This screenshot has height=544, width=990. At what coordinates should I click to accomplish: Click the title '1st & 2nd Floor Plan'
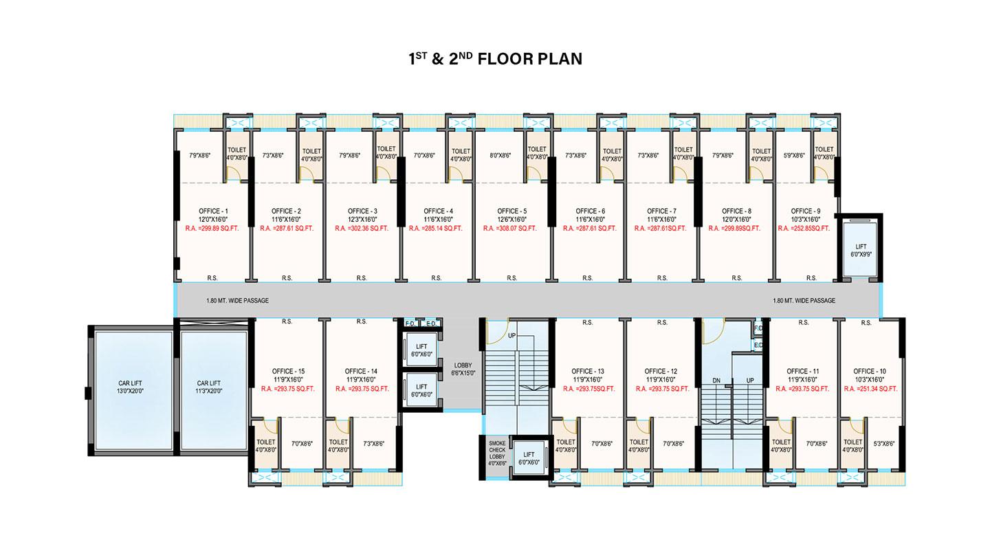tap(496, 59)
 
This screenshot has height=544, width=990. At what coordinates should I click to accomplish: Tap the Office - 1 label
tap(213, 211)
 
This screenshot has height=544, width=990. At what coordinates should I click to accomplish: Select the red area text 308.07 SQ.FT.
tap(509, 228)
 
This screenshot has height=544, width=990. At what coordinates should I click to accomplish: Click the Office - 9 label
tap(806, 211)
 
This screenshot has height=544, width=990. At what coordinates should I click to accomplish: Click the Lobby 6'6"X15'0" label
tap(463, 369)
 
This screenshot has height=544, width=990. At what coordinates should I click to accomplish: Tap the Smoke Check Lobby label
tap(497, 453)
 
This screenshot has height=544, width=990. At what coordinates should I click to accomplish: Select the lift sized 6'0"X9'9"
tap(861, 250)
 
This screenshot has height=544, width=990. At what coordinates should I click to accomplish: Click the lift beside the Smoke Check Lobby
tap(529, 458)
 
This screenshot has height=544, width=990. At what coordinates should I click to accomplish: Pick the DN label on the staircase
tap(716, 381)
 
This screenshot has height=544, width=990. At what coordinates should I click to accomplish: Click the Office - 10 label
tap(869, 372)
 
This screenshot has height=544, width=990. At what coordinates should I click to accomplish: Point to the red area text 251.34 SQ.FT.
tap(870, 389)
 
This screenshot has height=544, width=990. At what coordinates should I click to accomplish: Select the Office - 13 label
tap(588, 372)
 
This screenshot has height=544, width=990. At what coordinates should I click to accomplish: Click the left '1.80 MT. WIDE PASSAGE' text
tap(237, 300)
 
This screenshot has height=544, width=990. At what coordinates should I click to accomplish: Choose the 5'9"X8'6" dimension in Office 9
tap(794, 155)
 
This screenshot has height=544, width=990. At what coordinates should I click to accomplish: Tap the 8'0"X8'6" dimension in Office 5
tap(500, 155)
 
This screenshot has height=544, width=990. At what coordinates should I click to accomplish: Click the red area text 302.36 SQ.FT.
tap(362, 228)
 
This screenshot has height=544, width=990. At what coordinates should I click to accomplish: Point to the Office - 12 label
tap(661, 372)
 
